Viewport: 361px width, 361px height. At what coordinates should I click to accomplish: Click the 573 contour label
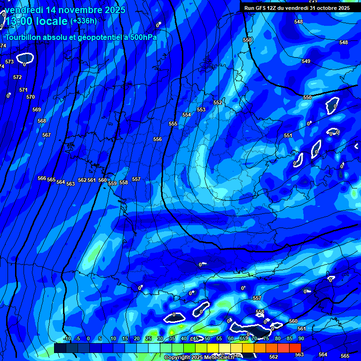tap(9, 62)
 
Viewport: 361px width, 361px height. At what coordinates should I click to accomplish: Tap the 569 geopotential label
tap(37, 110)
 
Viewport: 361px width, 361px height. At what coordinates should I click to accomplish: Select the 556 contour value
tap(157, 139)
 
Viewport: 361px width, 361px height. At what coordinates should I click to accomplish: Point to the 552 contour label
tap(218, 102)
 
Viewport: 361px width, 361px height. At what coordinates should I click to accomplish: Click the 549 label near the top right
tap(306, 61)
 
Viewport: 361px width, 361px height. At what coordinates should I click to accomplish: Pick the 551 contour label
tap(288, 135)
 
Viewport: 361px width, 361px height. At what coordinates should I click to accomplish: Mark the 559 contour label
tap(112, 183)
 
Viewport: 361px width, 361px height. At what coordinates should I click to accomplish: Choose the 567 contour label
tap(46, 135)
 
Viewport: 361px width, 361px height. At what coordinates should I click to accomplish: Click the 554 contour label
tap(187, 115)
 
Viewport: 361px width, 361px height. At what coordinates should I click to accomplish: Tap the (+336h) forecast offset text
tap(83, 21)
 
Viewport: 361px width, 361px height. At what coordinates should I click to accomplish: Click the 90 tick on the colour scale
tap(301, 338)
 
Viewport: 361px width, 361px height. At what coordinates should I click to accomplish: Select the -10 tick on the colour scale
tap(67, 338)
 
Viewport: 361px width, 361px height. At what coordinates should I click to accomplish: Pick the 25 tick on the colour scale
tap(149, 338)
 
